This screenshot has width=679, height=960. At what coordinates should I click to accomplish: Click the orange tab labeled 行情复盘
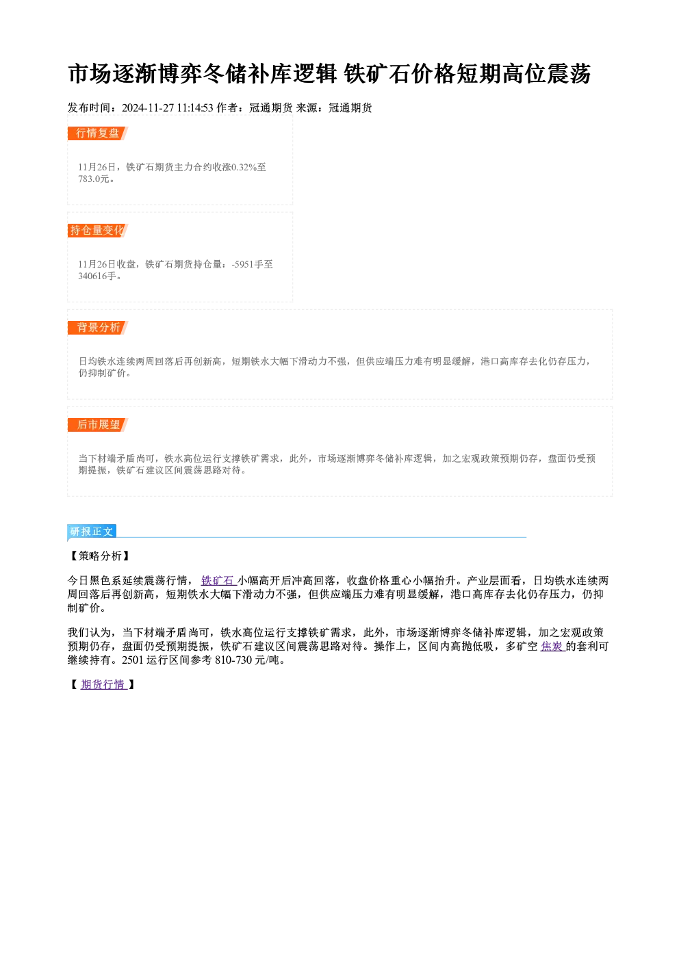[98, 133]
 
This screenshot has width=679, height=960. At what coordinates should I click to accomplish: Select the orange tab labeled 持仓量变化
[98, 231]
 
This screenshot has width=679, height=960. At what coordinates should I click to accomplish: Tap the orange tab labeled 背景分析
[98, 328]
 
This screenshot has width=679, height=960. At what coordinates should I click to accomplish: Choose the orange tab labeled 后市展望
[98, 425]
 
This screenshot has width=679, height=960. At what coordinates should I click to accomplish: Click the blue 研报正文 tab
[92, 532]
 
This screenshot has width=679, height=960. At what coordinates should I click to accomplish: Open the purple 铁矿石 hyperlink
[218, 581]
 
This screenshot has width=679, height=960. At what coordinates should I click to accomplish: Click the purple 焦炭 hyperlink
[552, 647]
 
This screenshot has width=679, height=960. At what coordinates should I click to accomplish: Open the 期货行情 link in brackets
[104, 684]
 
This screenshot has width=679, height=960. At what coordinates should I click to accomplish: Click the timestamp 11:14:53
[195, 108]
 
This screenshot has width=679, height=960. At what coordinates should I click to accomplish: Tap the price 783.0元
[94, 179]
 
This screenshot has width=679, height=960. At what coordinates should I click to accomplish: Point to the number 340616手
[97, 276]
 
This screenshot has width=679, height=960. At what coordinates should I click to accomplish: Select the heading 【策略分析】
[99, 556]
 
